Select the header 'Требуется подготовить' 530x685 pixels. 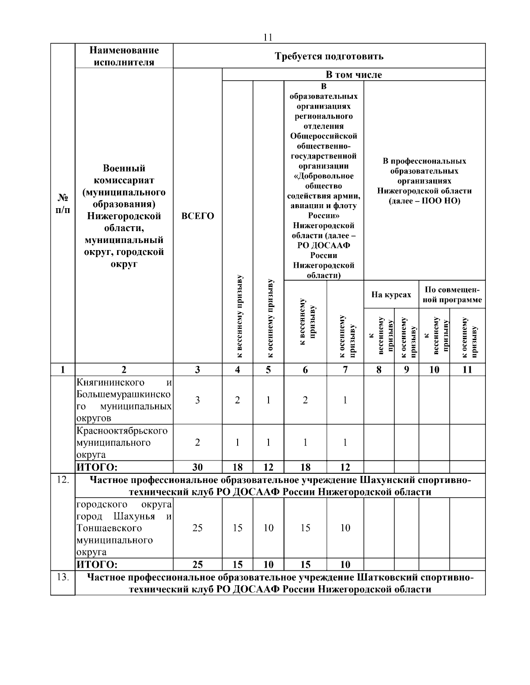click(329, 56)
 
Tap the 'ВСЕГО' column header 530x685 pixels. click(197, 216)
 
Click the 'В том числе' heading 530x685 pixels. click(354, 75)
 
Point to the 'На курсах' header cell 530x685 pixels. click(391, 295)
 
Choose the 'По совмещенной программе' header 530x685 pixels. click(452, 295)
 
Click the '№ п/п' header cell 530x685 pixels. click(63, 203)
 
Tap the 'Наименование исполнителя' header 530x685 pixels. click(124, 56)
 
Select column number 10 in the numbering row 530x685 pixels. click(434, 370)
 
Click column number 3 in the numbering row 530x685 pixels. click(197, 370)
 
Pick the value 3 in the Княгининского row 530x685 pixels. click(197, 400)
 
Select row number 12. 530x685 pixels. click(63, 480)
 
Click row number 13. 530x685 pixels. click(63, 577)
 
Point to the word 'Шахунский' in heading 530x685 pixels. click(384, 480)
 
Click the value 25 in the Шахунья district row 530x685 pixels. click(197, 528)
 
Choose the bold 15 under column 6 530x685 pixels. click(305, 564)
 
